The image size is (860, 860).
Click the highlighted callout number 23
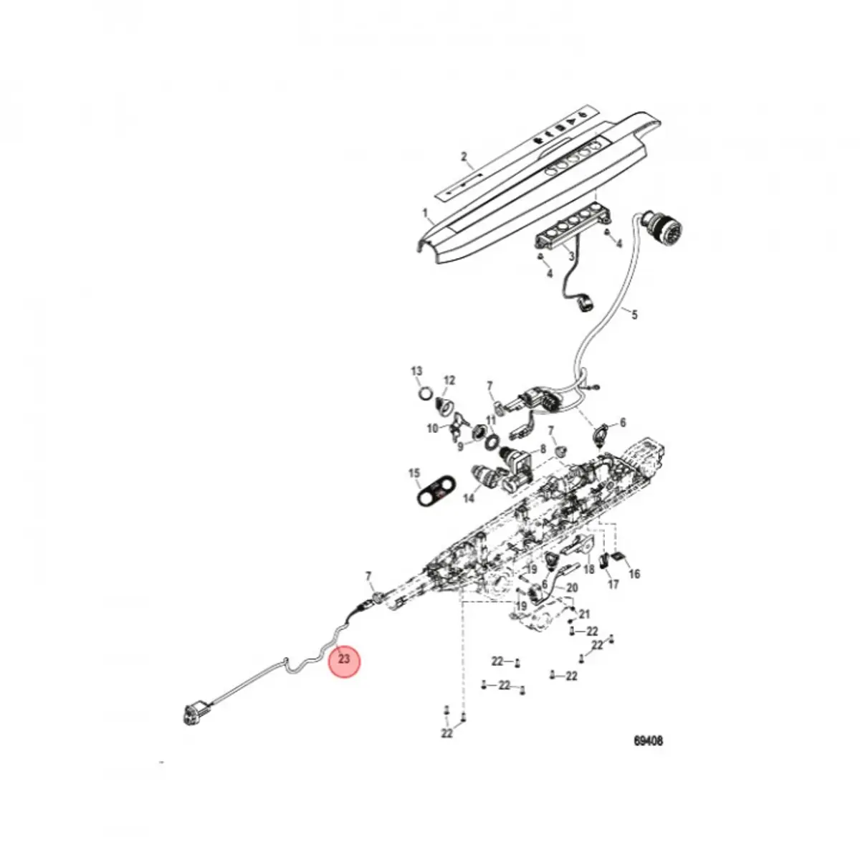[344, 659]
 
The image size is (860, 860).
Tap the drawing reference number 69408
[648, 741]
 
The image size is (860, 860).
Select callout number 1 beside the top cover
[425, 213]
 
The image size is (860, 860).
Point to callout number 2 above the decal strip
[464, 157]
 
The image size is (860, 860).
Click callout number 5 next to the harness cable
[634, 314]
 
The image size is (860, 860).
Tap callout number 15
[414, 474]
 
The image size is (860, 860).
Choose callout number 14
[469, 498]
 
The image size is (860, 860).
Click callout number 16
[634, 573]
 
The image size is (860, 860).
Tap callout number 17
[613, 585]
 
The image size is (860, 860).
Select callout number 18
[589, 570]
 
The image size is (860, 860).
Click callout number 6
[622, 423]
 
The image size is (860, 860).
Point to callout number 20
[571, 588]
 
